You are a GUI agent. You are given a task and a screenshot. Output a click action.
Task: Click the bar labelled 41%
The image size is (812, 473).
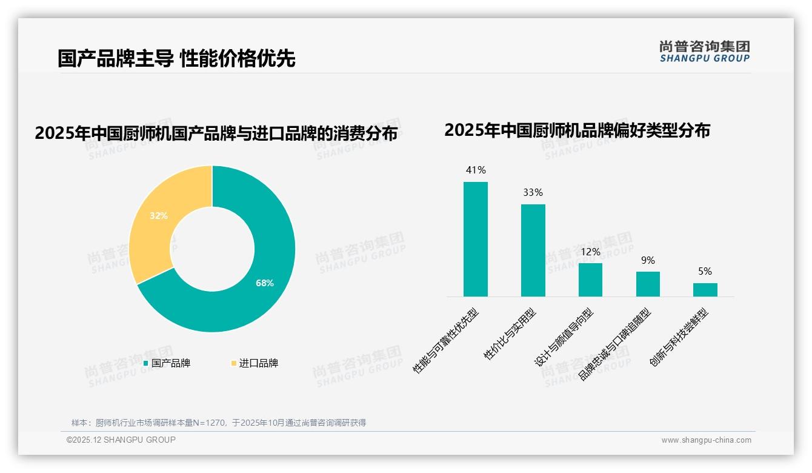coord(476,239)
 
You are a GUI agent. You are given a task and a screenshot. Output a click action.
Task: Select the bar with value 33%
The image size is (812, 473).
coord(533,250)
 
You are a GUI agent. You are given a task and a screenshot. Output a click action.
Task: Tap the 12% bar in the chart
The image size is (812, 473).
coord(590,280)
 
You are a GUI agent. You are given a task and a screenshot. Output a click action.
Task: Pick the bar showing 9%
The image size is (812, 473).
coord(648,284)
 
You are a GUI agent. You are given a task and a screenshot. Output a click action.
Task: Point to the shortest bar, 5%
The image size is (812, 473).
coord(705,289)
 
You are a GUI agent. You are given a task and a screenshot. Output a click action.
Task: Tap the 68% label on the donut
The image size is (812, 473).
coord(265,283)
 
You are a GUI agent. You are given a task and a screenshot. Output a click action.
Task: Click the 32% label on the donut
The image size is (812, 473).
coord(159,215)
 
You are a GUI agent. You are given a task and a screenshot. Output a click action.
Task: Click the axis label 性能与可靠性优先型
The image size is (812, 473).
coord(446,340)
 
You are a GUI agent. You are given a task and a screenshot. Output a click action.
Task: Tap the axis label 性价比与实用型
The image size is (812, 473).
coord(510,335)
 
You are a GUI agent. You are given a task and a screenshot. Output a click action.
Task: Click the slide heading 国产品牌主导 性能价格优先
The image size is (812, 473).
coord(176,59)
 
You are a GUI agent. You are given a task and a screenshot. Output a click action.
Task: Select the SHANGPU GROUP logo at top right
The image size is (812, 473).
coord(705,52)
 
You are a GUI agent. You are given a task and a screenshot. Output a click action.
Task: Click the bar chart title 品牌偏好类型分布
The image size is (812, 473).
coord(577,130)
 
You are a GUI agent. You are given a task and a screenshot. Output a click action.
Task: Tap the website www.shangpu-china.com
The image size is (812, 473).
coord(706,440)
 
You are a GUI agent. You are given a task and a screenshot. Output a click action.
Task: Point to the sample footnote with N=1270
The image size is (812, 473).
coord(219,423)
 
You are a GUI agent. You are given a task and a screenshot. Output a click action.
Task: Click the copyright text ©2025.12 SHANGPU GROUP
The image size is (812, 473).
coord(121,440)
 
